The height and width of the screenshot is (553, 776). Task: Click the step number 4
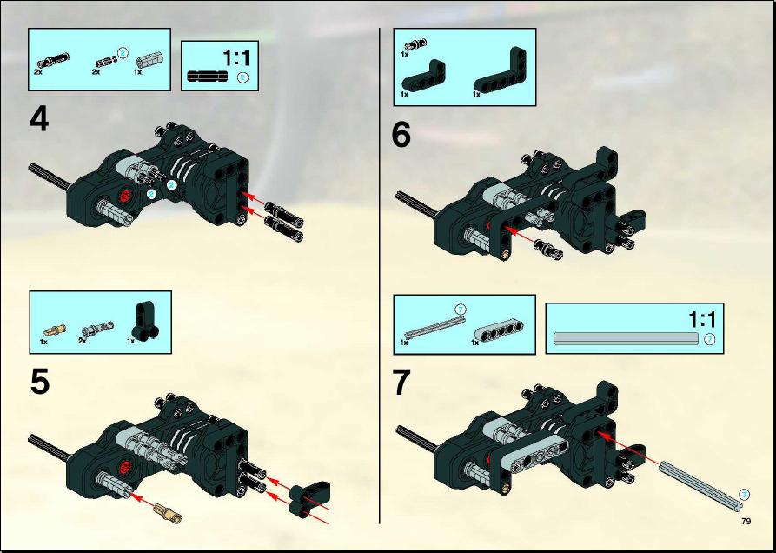[x=39, y=120]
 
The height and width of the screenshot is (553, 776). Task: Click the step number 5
[x=40, y=383]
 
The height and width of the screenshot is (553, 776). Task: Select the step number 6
[x=401, y=135]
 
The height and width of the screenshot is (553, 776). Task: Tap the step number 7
[x=401, y=383]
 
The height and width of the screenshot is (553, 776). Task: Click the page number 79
[x=746, y=521]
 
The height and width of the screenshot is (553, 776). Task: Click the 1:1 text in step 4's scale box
[x=237, y=57]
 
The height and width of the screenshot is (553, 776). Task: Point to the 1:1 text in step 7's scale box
[x=702, y=320]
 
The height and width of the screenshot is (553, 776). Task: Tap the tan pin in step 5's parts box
[x=55, y=330]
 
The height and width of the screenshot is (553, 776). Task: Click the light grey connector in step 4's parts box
[x=149, y=62]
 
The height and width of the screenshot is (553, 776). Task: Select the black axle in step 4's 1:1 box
[x=208, y=77]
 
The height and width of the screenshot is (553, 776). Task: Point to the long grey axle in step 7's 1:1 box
[x=626, y=338]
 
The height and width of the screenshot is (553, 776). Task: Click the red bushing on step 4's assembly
[x=124, y=196]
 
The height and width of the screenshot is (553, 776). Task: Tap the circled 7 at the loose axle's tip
[x=745, y=494]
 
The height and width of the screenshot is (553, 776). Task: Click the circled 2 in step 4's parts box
[x=123, y=52]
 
